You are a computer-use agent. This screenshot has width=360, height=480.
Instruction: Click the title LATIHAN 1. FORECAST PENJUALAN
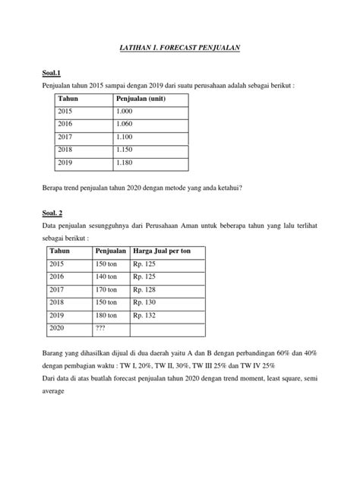pos(179,47)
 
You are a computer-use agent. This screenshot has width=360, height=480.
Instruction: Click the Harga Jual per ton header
pos(163,250)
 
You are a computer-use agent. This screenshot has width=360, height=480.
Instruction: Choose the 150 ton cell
pos(106,264)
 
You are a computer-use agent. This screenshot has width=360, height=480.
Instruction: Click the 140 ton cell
pos(106,276)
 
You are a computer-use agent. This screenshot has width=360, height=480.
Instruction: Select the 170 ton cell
pos(106,289)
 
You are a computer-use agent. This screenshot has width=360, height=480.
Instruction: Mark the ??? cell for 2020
pos(100,328)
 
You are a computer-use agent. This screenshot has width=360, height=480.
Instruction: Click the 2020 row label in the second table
pos(58,328)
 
